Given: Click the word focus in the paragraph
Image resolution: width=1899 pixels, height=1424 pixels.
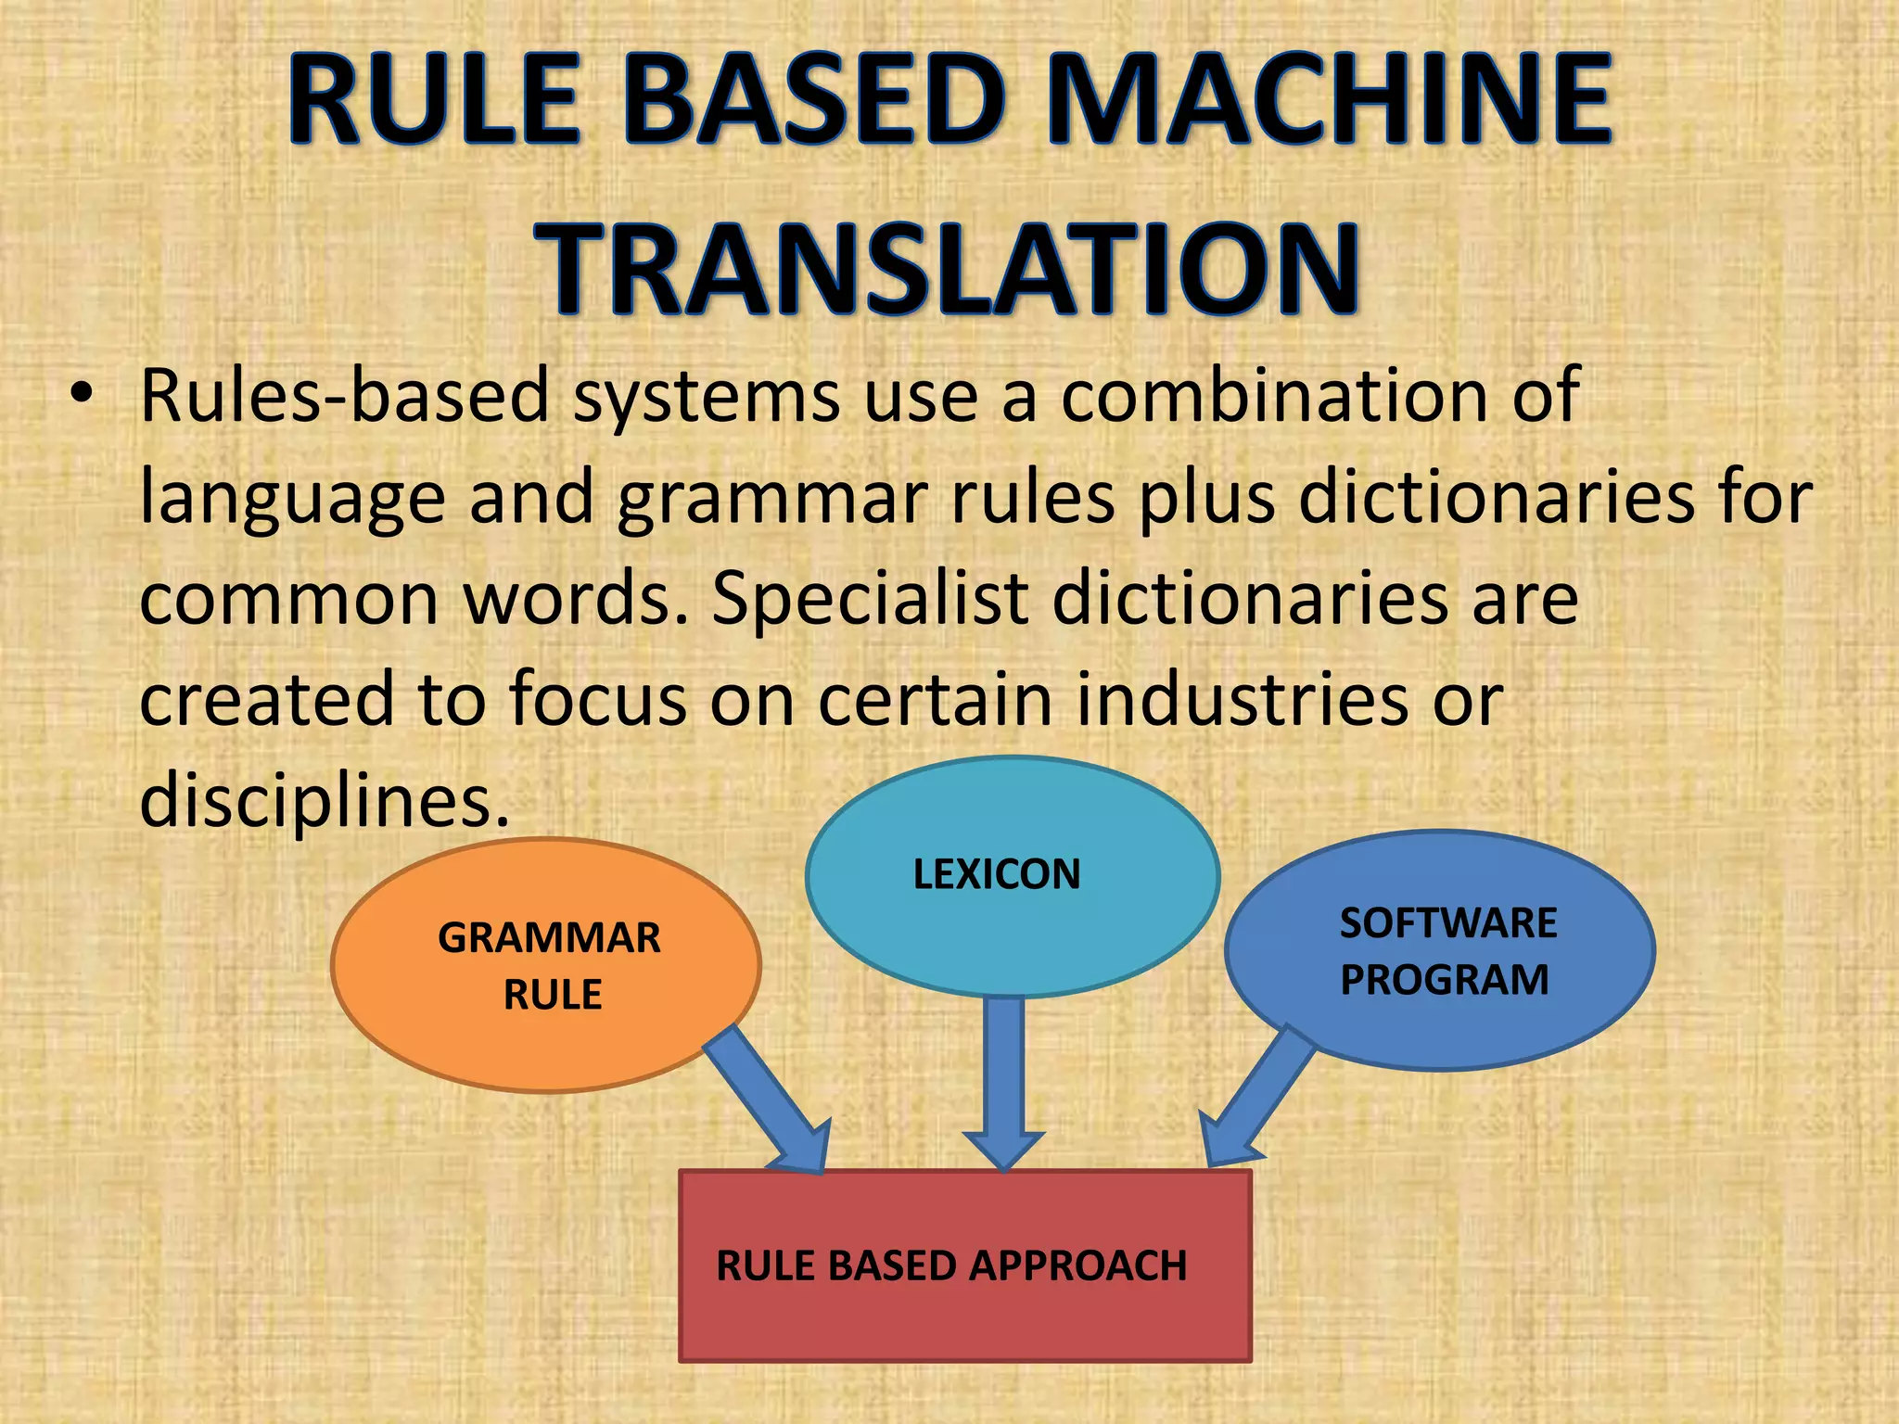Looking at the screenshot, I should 597,700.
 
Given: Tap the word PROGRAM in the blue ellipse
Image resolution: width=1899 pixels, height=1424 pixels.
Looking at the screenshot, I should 1444,981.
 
